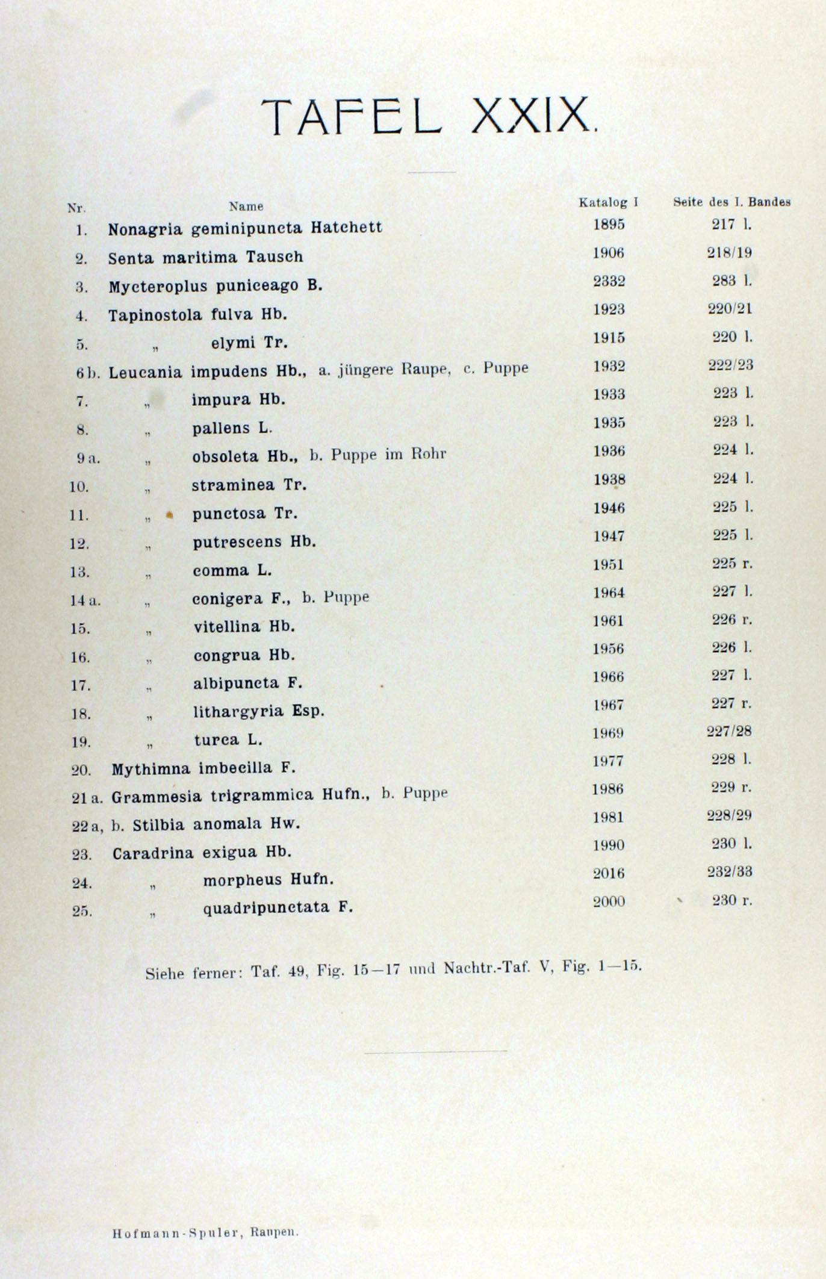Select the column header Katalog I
coord(608,203)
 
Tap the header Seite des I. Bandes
coord(731,202)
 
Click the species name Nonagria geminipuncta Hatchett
coord(245,229)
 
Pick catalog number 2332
coord(609,281)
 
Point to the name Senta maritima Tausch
coord(205,258)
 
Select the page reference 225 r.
coord(732,564)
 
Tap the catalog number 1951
coord(609,565)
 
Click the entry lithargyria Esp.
coord(259,711)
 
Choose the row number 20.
coord(81,770)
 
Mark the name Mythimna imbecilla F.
coord(203,768)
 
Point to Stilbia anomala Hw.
coord(216,824)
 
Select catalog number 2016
coord(609,873)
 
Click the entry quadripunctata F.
coord(278,907)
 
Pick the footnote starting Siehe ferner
coord(394,969)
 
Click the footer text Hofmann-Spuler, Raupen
coord(205,1233)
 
